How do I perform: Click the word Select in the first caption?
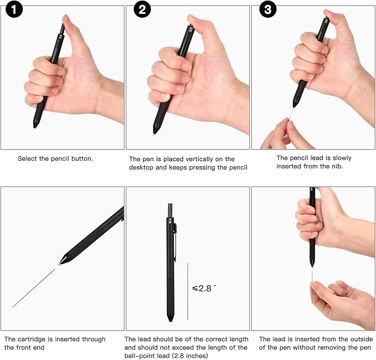(28, 158)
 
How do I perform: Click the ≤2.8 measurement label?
(203, 288)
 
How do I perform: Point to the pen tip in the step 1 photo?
(35, 125)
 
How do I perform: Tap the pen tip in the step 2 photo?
(155, 132)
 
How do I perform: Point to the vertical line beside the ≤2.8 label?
(188, 291)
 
